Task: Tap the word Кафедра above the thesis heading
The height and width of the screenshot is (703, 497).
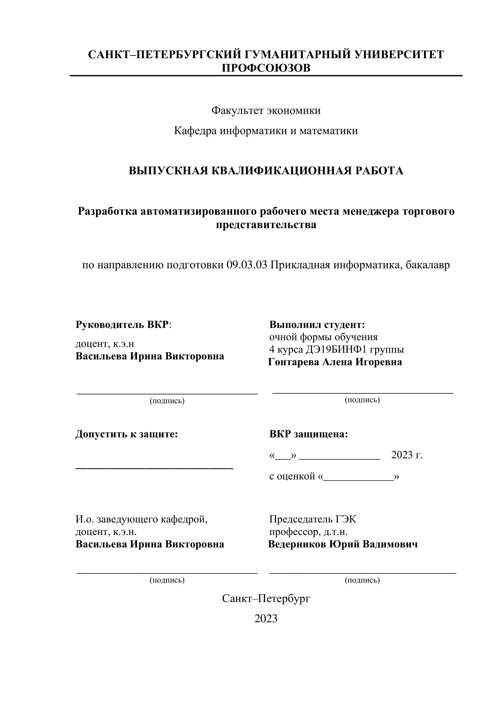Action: coord(194,131)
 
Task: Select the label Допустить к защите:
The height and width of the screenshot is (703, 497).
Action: coord(126,434)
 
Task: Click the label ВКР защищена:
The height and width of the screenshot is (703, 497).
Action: coord(309,434)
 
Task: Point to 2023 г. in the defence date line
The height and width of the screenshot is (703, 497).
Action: coord(407,455)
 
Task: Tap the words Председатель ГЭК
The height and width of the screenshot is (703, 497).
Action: coord(312,519)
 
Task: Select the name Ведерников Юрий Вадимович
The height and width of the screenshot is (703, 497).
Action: coord(343,544)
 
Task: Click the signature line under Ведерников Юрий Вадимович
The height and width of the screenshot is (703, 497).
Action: coord(363,572)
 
